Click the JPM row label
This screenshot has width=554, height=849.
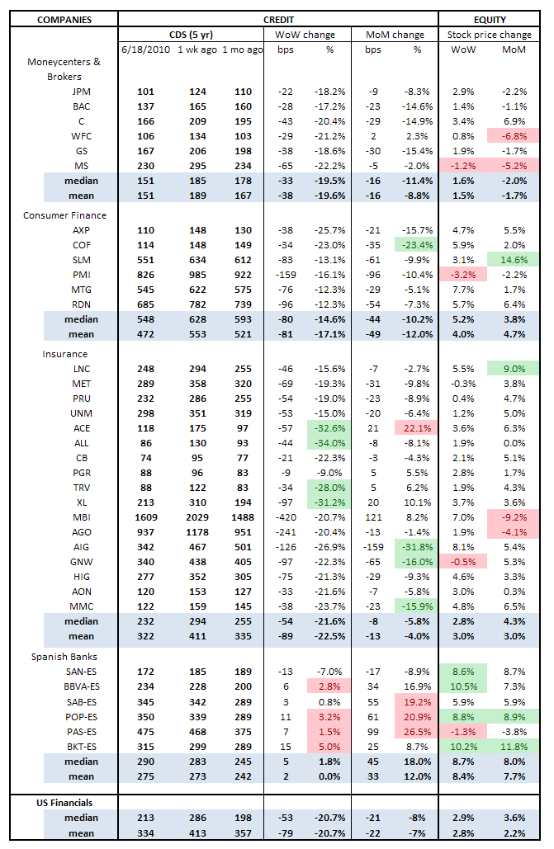click(x=82, y=92)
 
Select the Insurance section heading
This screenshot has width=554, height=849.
click(x=65, y=353)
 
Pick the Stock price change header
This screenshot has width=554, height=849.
click(x=490, y=35)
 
